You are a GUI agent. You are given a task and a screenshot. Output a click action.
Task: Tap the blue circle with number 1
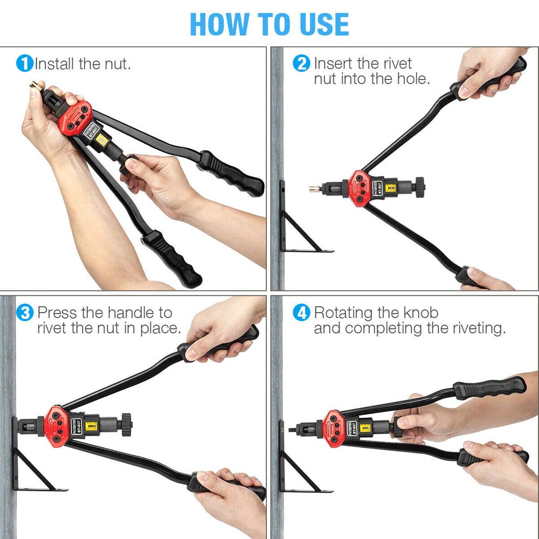(25, 64)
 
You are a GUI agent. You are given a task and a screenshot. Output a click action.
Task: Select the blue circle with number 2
(301, 64)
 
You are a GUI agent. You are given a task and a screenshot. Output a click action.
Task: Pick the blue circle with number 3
(25, 313)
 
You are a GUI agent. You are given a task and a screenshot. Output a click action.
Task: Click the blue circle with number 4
(301, 313)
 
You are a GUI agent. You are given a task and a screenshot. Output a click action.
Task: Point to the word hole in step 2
(409, 79)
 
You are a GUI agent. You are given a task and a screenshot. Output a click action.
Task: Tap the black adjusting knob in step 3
(126, 424)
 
